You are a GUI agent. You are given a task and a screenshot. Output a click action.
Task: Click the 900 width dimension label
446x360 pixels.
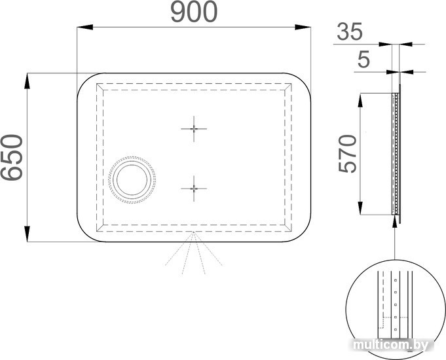point(194,12)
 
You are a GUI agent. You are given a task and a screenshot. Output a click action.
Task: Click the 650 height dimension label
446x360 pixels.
point(11,158)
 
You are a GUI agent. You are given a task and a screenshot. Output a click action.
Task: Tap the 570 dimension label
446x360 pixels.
point(347,154)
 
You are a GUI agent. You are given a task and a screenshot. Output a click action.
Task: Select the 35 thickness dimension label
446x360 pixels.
point(350,31)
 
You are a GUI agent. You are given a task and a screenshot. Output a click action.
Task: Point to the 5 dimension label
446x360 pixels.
point(363,60)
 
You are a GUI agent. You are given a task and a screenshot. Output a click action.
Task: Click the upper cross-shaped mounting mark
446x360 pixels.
point(194,129)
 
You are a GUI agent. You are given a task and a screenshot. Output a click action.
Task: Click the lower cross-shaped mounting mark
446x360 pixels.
point(194,189)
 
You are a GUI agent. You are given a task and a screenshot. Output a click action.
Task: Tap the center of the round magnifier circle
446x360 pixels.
point(132,180)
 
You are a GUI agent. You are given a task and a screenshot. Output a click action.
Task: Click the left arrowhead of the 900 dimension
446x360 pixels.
point(85,27)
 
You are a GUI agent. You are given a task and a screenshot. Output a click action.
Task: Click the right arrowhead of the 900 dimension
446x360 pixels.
point(303,27)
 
